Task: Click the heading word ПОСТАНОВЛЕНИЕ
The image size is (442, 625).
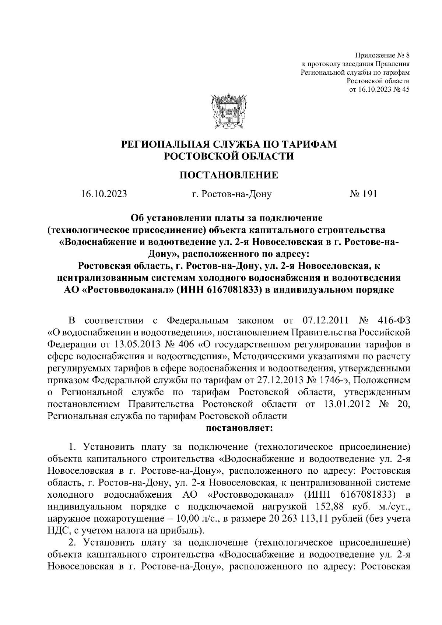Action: click(229, 175)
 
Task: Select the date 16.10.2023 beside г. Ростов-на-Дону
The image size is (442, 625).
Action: click(104, 194)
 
